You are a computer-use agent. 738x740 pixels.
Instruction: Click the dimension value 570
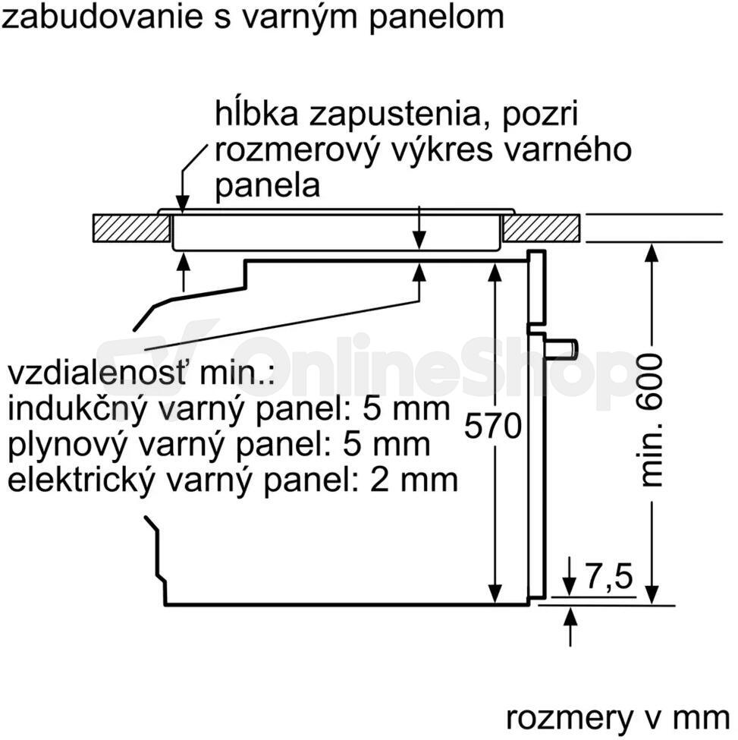pyautogui.click(x=493, y=426)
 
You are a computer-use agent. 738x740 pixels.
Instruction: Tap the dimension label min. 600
pyautogui.click(x=651, y=420)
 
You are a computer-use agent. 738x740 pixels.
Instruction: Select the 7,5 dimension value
pyautogui.click(x=609, y=576)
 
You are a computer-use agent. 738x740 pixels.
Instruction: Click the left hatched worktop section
pyautogui.click(x=131, y=228)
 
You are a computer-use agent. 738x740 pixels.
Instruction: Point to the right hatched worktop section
pyautogui.click(x=541, y=228)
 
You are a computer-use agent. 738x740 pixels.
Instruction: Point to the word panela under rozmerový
pyautogui.click(x=268, y=186)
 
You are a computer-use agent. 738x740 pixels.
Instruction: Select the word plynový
pyautogui.click(x=68, y=445)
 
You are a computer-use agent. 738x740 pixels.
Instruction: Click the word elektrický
pyautogui.click(x=80, y=480)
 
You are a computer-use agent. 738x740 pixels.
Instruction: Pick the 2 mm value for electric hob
pyautogui.click(x=413, y=480)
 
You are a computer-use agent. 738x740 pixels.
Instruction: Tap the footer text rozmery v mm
pyautogui.click(x=617, y=719)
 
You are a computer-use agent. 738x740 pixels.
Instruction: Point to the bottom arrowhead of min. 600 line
pyautogui.click(x=652, y=594)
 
